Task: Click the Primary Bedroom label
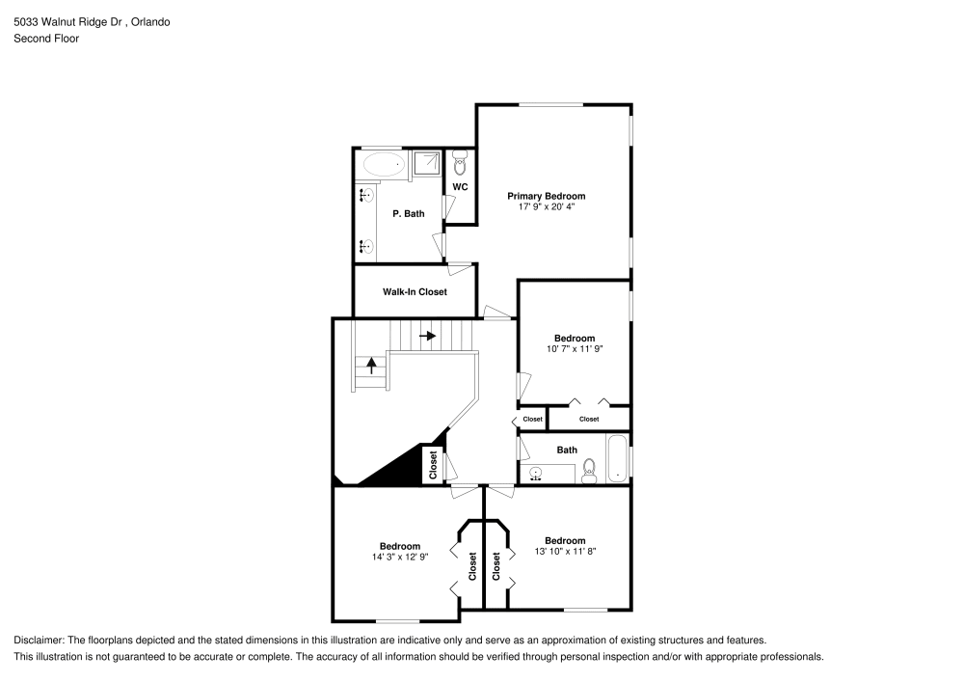[x=546, y=196]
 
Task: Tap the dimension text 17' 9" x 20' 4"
[x=546, y=206]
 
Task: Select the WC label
[x=460, y=186]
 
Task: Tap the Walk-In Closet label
[x=415, y=291]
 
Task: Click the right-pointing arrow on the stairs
[x=427, y=336]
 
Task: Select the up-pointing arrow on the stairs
[x=371, y=366]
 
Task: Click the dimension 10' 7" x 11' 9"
[x=574, y=348]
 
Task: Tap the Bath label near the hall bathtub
[x=567, y=450]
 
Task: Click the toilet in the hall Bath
[x=590, y=470]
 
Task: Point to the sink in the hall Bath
[x=536, y=474]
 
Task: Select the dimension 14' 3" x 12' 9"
[x=399, y=557]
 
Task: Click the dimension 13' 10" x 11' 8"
[x=565, y=551]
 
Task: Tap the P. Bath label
[x=408, y=213]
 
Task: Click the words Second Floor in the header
[x=46, y=39]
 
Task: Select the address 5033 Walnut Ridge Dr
[x=73, y=20]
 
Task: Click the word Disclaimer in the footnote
[x=39, y=640]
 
